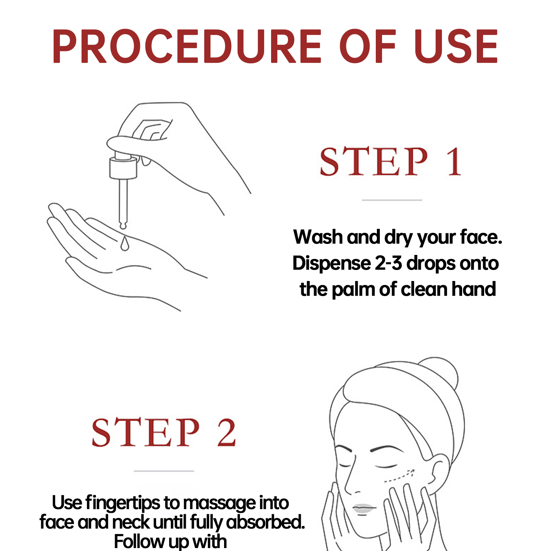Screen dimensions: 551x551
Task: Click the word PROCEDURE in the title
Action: coord(187,46)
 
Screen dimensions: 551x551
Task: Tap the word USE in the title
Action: coord(456,46)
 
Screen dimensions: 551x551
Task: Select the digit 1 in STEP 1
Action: coord(454,161)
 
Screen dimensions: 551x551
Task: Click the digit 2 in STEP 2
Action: coord(226,432)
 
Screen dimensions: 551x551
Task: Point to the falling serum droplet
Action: coord(125,243)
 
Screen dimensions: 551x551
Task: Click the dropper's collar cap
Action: coord(123,168)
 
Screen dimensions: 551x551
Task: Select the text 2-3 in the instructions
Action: coord(388,263)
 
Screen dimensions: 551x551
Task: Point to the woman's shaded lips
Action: coord(364,509)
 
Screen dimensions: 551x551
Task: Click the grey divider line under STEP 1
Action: coord(392,200)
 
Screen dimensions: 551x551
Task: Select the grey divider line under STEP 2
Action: coord(164,471)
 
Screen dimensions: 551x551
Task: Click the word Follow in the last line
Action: coord(140,542)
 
